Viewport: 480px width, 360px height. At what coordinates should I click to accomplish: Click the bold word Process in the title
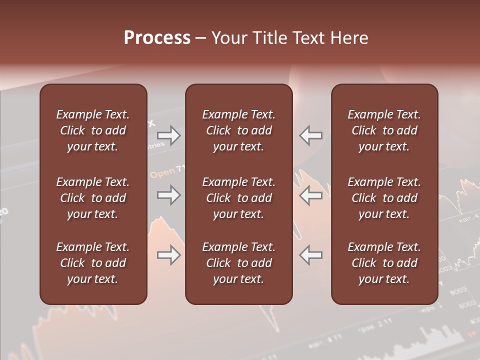click(157, 38)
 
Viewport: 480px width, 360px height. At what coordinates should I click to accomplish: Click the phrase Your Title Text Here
click(289, 38)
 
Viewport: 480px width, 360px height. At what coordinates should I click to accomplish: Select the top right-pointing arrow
click(169, 135)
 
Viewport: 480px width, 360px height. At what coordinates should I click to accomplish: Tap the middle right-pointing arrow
click(169, 195)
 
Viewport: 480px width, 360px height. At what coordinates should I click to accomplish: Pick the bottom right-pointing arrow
click(169, 255)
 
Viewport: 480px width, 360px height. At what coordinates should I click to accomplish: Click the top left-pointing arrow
click(310, 135)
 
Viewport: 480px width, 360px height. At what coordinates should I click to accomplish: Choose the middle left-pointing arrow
click(310, 195)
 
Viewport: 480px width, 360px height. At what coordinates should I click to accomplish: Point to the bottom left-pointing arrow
click(310, 255)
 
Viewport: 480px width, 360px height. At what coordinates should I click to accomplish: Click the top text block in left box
click(92, 130)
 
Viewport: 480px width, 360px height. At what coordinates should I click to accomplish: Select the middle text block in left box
click(92, 198)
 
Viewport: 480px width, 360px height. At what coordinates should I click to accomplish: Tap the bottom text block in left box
click(92, 263)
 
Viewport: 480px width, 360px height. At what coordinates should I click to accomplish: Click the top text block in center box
click(238, 130)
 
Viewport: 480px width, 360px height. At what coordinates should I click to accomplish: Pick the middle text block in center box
click(238, 198)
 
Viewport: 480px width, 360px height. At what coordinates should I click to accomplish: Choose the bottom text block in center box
click(238, 263)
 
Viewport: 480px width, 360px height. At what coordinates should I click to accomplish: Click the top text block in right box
click(384, 130)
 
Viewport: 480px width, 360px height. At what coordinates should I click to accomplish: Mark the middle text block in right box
click(384, 198)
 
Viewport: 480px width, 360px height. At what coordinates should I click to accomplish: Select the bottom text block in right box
click(384, 263)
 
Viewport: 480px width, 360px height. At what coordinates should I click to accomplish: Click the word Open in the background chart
click(162, 173)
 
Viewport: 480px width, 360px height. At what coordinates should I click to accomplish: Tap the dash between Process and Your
click(200, 38)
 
